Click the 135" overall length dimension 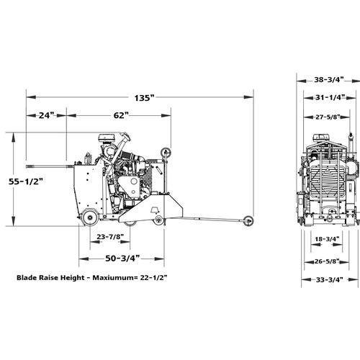(144, 98)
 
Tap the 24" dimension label (46, 115)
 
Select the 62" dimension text (121, 115)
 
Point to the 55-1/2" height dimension (26, 181)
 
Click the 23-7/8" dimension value (110, 237)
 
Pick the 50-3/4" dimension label (122, 258)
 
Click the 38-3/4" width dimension (329, 79)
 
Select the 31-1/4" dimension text (330, 97)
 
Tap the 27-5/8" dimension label (328, 117)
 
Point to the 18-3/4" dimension (327, 239)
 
